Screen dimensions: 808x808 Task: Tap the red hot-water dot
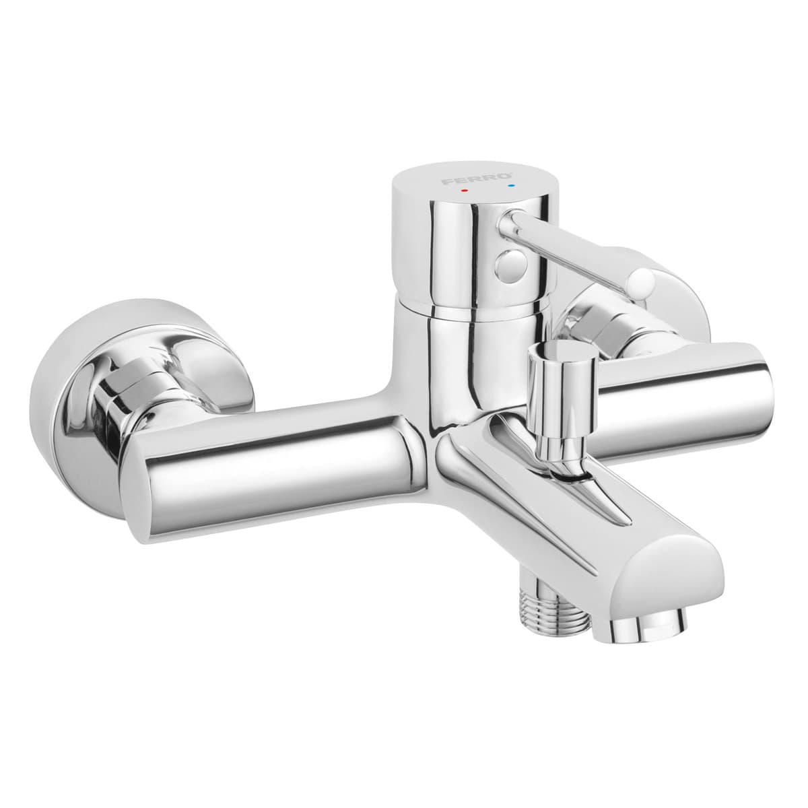pyautogui.click(x=463, y=191)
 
